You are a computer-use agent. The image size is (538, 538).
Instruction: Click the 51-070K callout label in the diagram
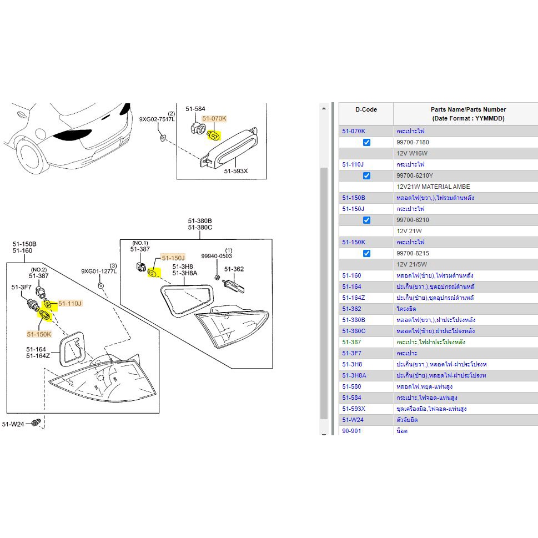(x=214, y=118)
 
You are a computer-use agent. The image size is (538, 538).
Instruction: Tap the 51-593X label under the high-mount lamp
(x=236, y=172)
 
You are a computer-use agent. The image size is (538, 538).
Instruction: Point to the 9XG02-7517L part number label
(x=157, y=119)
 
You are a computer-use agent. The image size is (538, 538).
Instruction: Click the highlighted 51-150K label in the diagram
(x=39, y=334)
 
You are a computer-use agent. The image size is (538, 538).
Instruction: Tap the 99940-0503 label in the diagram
(x=217, y=257)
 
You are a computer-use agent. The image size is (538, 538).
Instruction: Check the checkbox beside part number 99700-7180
(x=366, y=143)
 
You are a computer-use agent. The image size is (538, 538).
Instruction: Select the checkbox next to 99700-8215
(x=366, y=254)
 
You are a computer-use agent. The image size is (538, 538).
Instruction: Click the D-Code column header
(x=366, y=109)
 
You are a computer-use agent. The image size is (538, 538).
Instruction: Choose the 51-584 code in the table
(x=353, y=398)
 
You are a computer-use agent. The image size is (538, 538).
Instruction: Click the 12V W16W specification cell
(x=412, y=153)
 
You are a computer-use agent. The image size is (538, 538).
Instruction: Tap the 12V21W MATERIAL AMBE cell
(x=433, y=187)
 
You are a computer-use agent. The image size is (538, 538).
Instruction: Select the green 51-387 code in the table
(x=351, y=342)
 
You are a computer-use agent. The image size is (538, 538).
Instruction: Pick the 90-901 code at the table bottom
(x=351, y=431)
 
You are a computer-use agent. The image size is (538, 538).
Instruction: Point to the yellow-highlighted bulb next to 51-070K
(x=213, y=135)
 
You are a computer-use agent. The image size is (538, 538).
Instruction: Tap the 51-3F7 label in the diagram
(x=21, y=287)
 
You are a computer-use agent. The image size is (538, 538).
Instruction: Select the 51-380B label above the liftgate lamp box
(x=200, y=220)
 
